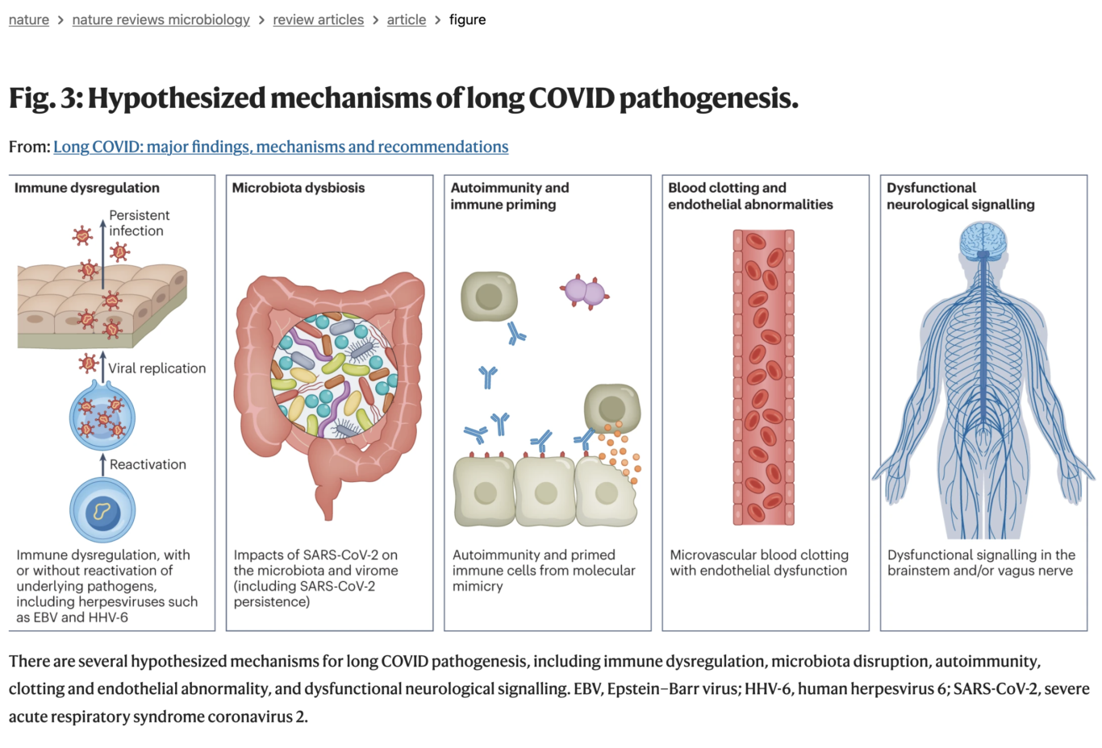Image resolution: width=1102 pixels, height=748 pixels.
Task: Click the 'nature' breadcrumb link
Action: [x=29, y=19]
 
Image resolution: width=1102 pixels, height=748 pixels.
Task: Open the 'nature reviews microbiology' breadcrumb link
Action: [x=161, y=19]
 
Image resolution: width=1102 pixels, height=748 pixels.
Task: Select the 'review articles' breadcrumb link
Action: [x=318, y=19]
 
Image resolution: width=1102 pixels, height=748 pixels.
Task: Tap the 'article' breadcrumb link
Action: [x=406, y=19]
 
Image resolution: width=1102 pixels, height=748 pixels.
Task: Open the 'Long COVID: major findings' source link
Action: [x=281, y=147]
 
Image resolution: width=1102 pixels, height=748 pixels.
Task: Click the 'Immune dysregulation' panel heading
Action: [x=87, y=188]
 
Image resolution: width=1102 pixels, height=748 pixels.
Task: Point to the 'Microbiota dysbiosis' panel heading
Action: [x=298, y=188]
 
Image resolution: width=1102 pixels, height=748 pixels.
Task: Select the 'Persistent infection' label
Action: [x=139, y=223]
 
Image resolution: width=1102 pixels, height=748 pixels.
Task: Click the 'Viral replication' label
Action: [x=157, y=368]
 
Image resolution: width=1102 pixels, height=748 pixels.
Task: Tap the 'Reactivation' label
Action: [x=148, y=464]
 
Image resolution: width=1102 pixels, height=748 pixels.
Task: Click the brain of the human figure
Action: [x=983, y=239]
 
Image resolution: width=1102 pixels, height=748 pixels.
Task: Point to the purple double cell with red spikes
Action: [x=584, y=292]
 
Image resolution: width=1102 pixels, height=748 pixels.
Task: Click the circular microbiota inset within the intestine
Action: [x=333, y=376]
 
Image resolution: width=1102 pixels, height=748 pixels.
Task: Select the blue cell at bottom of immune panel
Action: [x=102, y=510]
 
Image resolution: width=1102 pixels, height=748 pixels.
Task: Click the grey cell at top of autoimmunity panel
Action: [x=488, y=297]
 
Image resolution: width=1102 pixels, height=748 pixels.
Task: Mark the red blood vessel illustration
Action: [x=763, y=377]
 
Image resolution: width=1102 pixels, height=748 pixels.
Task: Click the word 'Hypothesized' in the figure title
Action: [x=177, y=98]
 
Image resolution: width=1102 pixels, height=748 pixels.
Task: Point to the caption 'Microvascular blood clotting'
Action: [x=758, y=555]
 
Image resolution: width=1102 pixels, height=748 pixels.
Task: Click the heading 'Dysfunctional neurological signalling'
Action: [x=960, y=196]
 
